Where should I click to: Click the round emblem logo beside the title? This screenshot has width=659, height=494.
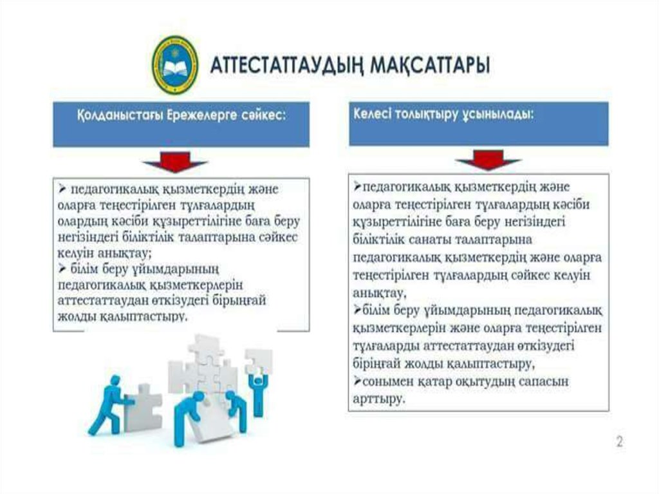[x=174, y=65]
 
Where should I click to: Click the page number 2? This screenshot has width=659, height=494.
[x=619, y=442]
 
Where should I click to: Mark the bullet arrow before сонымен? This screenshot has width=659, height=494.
[x=358, y=381]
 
